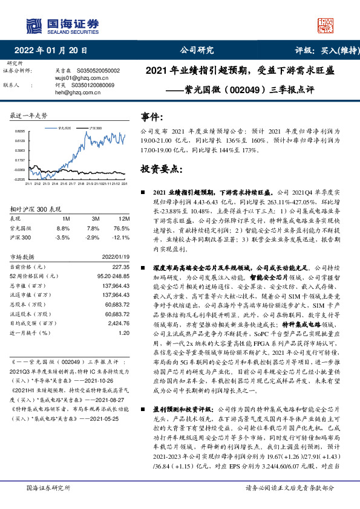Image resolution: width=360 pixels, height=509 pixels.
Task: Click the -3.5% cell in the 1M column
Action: click(63, 238)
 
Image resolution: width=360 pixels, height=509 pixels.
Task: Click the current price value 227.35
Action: click(120, 267)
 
